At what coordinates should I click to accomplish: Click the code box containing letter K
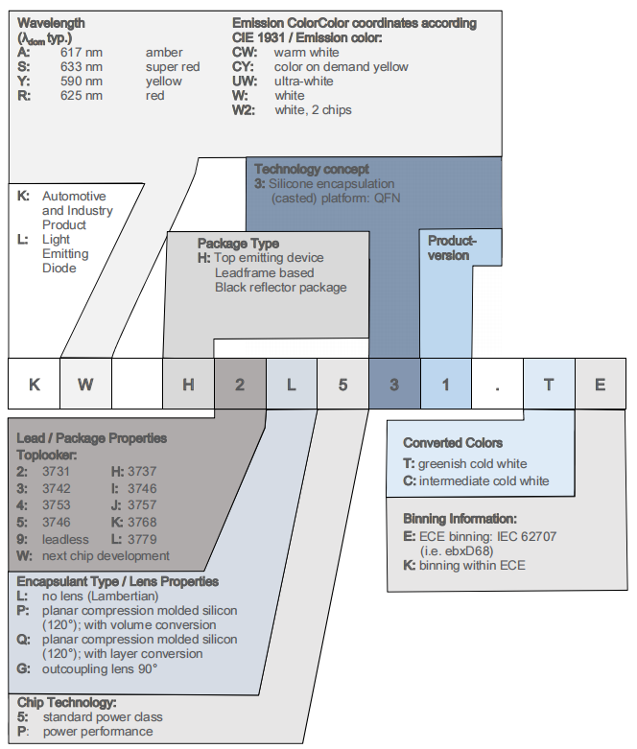click(35, 384)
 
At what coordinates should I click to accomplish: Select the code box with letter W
click(86, 384)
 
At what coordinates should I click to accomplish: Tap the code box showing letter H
click(189, 384)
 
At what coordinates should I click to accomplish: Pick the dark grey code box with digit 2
click(241, 384)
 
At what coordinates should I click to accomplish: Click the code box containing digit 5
click(343, 384)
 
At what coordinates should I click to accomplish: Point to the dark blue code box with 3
click(394, 384)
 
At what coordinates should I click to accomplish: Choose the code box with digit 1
click(446, 384)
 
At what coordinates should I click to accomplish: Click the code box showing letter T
click(549, 384)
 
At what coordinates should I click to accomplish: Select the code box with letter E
click(601, 384)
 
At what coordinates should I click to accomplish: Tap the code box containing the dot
click(498, 384)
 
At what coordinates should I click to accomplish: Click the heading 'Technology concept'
click(312, 169)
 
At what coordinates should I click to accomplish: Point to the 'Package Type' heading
click(239, 244)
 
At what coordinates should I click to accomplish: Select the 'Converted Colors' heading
click(453, 443)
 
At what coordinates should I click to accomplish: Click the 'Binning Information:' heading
click(460, 519)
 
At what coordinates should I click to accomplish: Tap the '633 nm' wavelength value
click(82, 67)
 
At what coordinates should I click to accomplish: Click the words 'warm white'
click(306, 53)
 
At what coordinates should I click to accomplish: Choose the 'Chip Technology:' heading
click(67, 703)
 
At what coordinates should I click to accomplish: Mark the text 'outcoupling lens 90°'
click(100, 669)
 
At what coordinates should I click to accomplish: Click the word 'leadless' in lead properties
click(65, 539)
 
